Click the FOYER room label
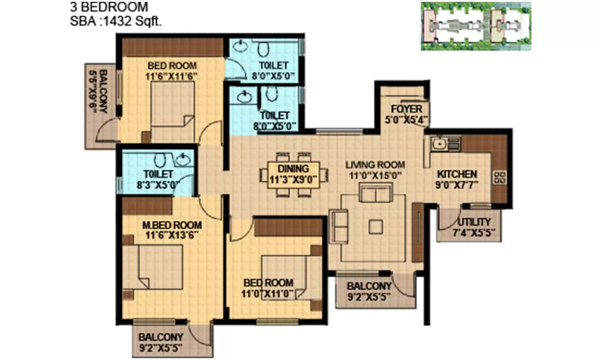coord(407,109)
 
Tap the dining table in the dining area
coord(294,177)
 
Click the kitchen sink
coord(440,143)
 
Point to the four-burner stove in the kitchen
coord(499,178)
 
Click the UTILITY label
coord(474,221)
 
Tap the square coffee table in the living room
coord(376,226)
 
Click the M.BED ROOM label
coord(172,226)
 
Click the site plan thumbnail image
coord(476,25)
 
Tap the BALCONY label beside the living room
coord(370,286)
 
